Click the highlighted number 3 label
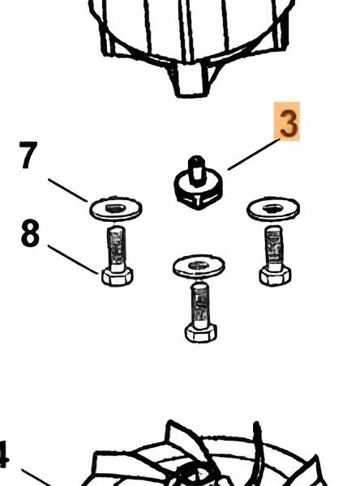pyautogui.click(x=287, y=122)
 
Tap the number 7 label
pyautogui.click(x=28, y=155)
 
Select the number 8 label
pyautogui.click(x=30, y=232)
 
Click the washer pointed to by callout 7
pyautogui.click(x=116, y=209)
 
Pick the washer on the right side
pyautogui.click(x=273, y=209)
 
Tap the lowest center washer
pyautogui.click(x=199, y=266)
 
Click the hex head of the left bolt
pyautogui.click(x=118, y=277)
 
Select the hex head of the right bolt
pyautogui.click(x=275, y=276)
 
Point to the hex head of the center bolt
pyautogui.click(x=200, y=333)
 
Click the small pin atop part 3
pyautogui.click(x=196, y=170)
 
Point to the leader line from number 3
pyautogui.click(x=254, y=155)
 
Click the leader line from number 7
pyautogui.click(x=67, y=190)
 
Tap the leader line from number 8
pyautogui.click(x=73, y=259)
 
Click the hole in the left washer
pyautogui.click(x=115, y=208)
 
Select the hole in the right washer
pyautogui.click(x=272, y=208)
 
